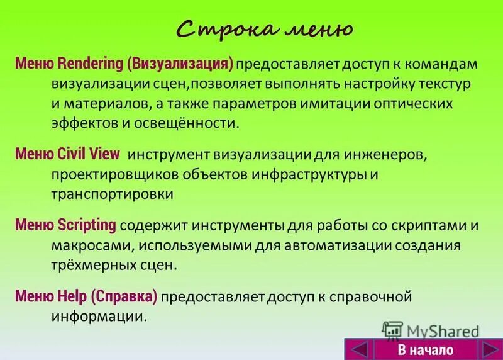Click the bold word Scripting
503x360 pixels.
click(87, 225)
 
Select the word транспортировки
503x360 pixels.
click(113, 193)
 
